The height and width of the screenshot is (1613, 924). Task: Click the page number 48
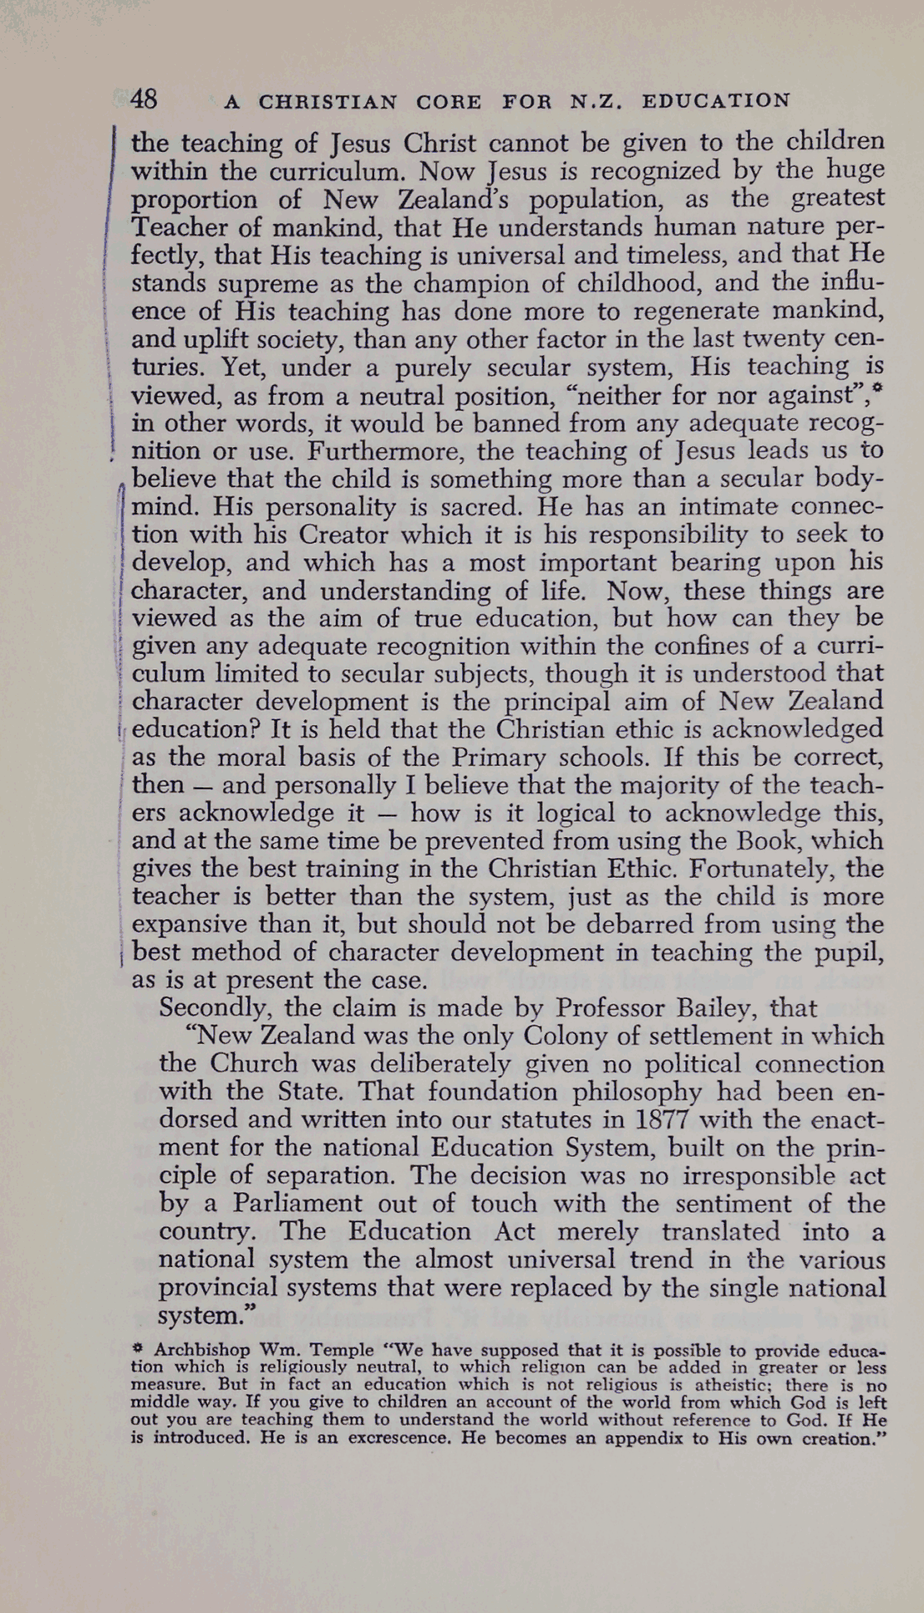tap(144, 100)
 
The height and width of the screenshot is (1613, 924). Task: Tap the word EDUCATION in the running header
tap(717, 101)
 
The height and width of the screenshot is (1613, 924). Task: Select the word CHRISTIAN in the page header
tap(328, 102)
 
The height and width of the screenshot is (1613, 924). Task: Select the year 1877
tap(669, 1120)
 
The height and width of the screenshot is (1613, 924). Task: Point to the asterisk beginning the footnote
tap(138, 1349)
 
